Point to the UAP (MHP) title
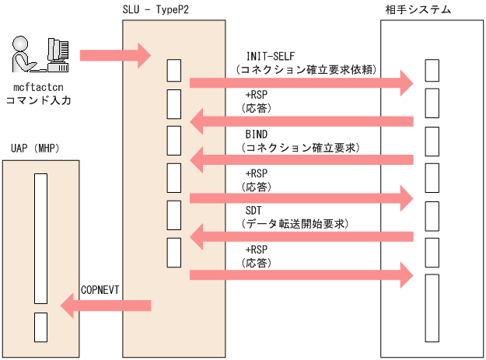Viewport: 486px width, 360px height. (36, 149)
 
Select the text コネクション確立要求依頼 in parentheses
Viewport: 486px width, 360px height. (307, 69)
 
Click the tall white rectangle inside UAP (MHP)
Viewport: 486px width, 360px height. (40, 238)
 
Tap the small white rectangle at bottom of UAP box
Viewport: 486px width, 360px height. (40, 326)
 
